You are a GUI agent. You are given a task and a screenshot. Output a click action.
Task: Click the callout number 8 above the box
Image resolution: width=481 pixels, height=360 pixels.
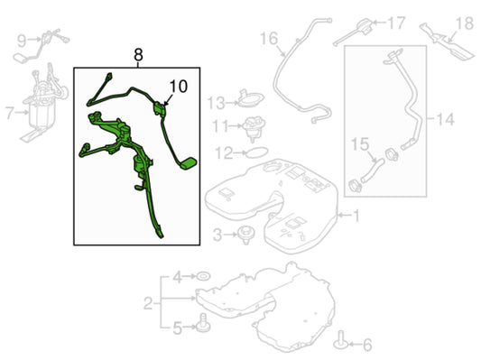(x=138, y=55)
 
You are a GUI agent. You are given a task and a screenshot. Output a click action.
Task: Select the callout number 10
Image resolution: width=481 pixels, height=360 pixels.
(x=178, y=87)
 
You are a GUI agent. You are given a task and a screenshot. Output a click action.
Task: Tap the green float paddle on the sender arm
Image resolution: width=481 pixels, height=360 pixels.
(x=188, y=162)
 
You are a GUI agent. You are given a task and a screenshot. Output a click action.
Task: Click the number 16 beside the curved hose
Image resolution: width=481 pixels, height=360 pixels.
(x=269, y=39)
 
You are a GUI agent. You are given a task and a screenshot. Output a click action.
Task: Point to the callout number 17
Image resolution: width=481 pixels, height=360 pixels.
(x=397, y=23)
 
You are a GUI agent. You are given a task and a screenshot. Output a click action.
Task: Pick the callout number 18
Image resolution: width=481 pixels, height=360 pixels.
(x=465, y=23)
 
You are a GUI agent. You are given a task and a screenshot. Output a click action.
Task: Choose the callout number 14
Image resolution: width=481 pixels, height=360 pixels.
(x=445, y=119)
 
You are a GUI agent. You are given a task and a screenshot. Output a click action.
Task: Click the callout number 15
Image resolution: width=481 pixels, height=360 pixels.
(x=360, y=143)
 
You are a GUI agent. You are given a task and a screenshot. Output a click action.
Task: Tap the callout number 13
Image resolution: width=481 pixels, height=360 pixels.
(x=217, y=103)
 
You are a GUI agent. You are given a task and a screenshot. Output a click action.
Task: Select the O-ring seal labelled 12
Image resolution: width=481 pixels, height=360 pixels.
(x=257, y=152)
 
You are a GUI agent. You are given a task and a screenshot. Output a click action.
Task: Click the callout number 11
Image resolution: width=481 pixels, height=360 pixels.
(x=221, y=126)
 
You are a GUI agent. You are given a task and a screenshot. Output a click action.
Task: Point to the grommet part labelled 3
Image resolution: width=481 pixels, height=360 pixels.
(x=246, y=235)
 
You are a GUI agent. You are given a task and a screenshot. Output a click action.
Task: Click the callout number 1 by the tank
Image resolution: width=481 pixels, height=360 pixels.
(x=356, y=216)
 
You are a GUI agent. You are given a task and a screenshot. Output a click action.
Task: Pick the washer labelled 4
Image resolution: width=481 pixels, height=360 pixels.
(x=203, y=276)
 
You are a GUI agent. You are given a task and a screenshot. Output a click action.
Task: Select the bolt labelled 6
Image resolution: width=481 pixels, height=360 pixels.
(x=341, y=340)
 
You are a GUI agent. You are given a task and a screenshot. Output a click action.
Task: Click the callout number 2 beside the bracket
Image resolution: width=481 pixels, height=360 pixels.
(x=148, y=303)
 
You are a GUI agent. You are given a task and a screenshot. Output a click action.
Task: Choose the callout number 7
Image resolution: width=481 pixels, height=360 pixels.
(x=10, y=113)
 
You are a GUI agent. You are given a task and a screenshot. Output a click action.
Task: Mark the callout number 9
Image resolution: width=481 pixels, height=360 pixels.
(x=22, y=41)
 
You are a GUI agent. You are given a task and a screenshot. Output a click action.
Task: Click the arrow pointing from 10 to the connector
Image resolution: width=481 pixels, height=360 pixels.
(x=170, y=99)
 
